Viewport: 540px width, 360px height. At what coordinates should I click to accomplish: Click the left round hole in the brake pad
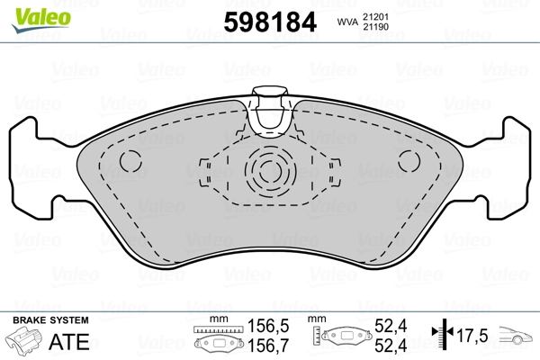point(131,162)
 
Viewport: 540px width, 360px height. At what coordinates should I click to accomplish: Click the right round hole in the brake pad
point(409,162)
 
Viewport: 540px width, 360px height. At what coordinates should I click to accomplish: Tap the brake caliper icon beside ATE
point(26,341)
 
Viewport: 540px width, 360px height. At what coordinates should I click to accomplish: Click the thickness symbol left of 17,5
point(441,336)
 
